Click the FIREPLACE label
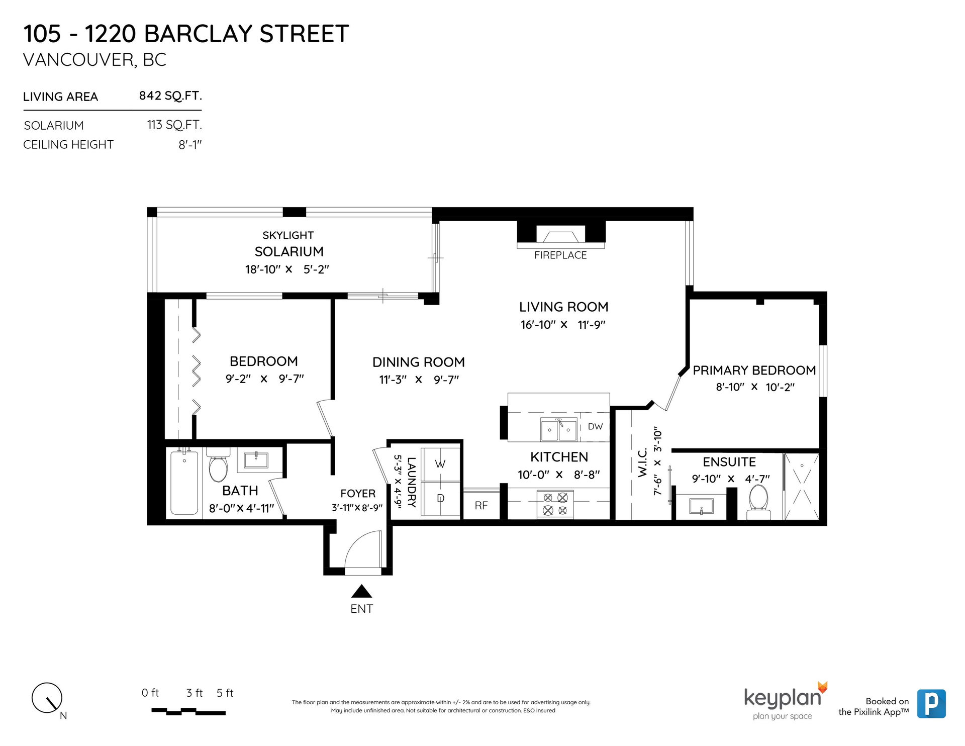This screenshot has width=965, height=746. click(x=560, y=255)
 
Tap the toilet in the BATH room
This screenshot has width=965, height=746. click(x=219, y=464)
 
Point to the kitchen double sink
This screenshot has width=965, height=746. click(x=558, y=429)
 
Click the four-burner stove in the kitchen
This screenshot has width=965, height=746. click(x=555, y=504)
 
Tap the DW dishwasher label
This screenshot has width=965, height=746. click(x=595, y=427)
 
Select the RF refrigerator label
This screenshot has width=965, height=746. click(x=481, y=506)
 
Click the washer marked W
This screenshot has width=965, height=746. click(x=440, y=464)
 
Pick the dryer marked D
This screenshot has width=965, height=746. click(x=440, y=499)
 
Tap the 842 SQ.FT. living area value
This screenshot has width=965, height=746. click(x=170, y=96)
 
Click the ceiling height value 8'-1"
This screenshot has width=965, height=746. click(x=190, y=145)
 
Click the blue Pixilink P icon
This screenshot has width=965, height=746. click(x=931, y=704)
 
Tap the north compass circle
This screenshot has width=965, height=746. click(x=47, y=698)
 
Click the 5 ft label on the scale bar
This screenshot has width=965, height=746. click(x=225, y=693)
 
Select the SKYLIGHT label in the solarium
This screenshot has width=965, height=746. click(x=288, y=235)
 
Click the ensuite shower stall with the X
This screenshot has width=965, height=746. click(x=802, y=487)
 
